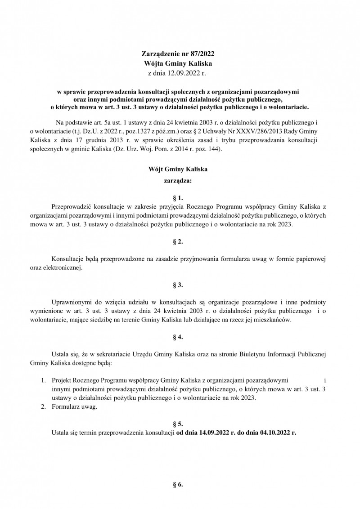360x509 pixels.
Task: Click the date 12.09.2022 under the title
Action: [x=183, y=72]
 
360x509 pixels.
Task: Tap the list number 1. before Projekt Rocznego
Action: [x=44, y=380]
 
